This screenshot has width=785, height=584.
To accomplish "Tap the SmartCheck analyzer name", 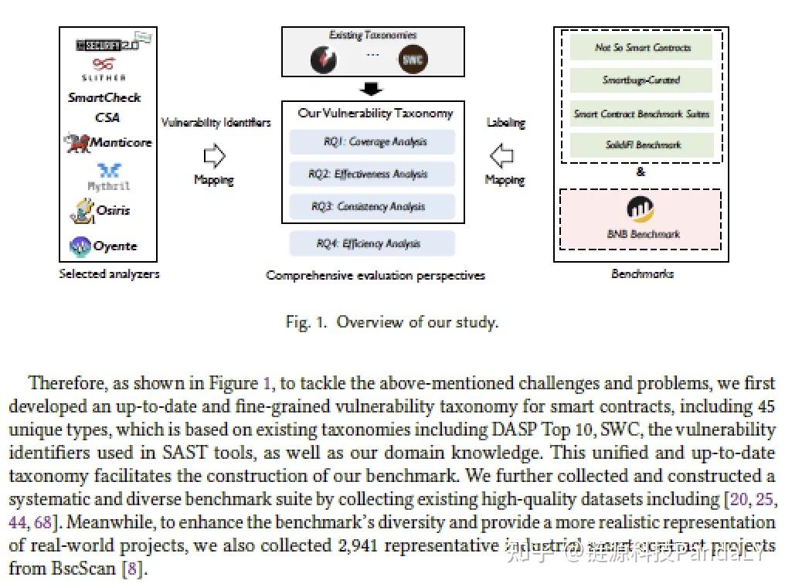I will pyautogui.click(x=104, y=98).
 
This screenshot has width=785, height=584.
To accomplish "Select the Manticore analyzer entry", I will pyautogui.click(x=109, y=143).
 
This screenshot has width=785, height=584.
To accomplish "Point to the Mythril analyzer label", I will pyautogui.click(x=109, y=186).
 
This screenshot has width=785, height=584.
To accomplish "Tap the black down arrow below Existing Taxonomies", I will pyautogui.click(x=372, y=89).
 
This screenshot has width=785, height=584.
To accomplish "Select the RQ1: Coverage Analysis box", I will pyautogui.click(x=372, y=142).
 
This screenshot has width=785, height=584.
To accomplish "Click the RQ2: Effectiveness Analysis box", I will pyautogui.click(x=372, y=175).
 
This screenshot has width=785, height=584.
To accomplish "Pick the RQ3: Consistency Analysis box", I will pyautogui.click(x=372, y=206).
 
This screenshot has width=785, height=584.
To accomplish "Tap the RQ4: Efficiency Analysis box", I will pyautogui.click(x=372, y=243).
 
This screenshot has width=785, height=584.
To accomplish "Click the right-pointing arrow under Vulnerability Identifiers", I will pyautogui.click(x=214, y=157).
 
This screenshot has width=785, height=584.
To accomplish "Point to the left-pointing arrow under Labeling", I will pyautogui.click(x=503, y=156).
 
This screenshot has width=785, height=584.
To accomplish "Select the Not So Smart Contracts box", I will pyautogui.click(x=641, y=48).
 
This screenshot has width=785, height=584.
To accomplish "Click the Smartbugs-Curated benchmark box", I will pyautogui.click(x=641, y=80).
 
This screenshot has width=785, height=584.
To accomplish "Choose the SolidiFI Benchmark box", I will pyautogui.click(x=641, y=144).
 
